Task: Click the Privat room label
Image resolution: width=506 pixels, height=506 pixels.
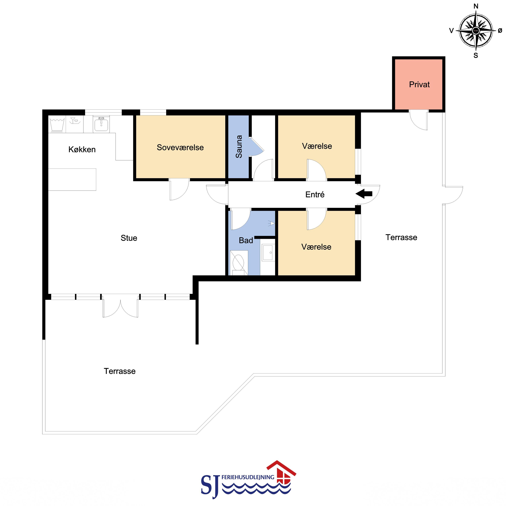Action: pos(419,85)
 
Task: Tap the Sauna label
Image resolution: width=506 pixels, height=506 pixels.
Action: pos(239,147)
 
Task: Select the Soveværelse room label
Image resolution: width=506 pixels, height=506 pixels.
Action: pos(180,147)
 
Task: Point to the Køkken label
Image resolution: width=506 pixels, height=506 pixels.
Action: pos(82,149)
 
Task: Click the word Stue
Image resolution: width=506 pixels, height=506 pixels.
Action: pos(129,238)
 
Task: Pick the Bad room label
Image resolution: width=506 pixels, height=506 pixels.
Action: pos(246,240)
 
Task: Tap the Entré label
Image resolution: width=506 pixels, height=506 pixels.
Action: pos(315,194)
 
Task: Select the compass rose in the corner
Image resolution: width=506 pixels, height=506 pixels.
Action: pos(476,31)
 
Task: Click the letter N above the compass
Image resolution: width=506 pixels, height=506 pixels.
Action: pos(476,6)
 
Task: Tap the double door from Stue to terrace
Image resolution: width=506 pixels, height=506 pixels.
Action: pos(120,306)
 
